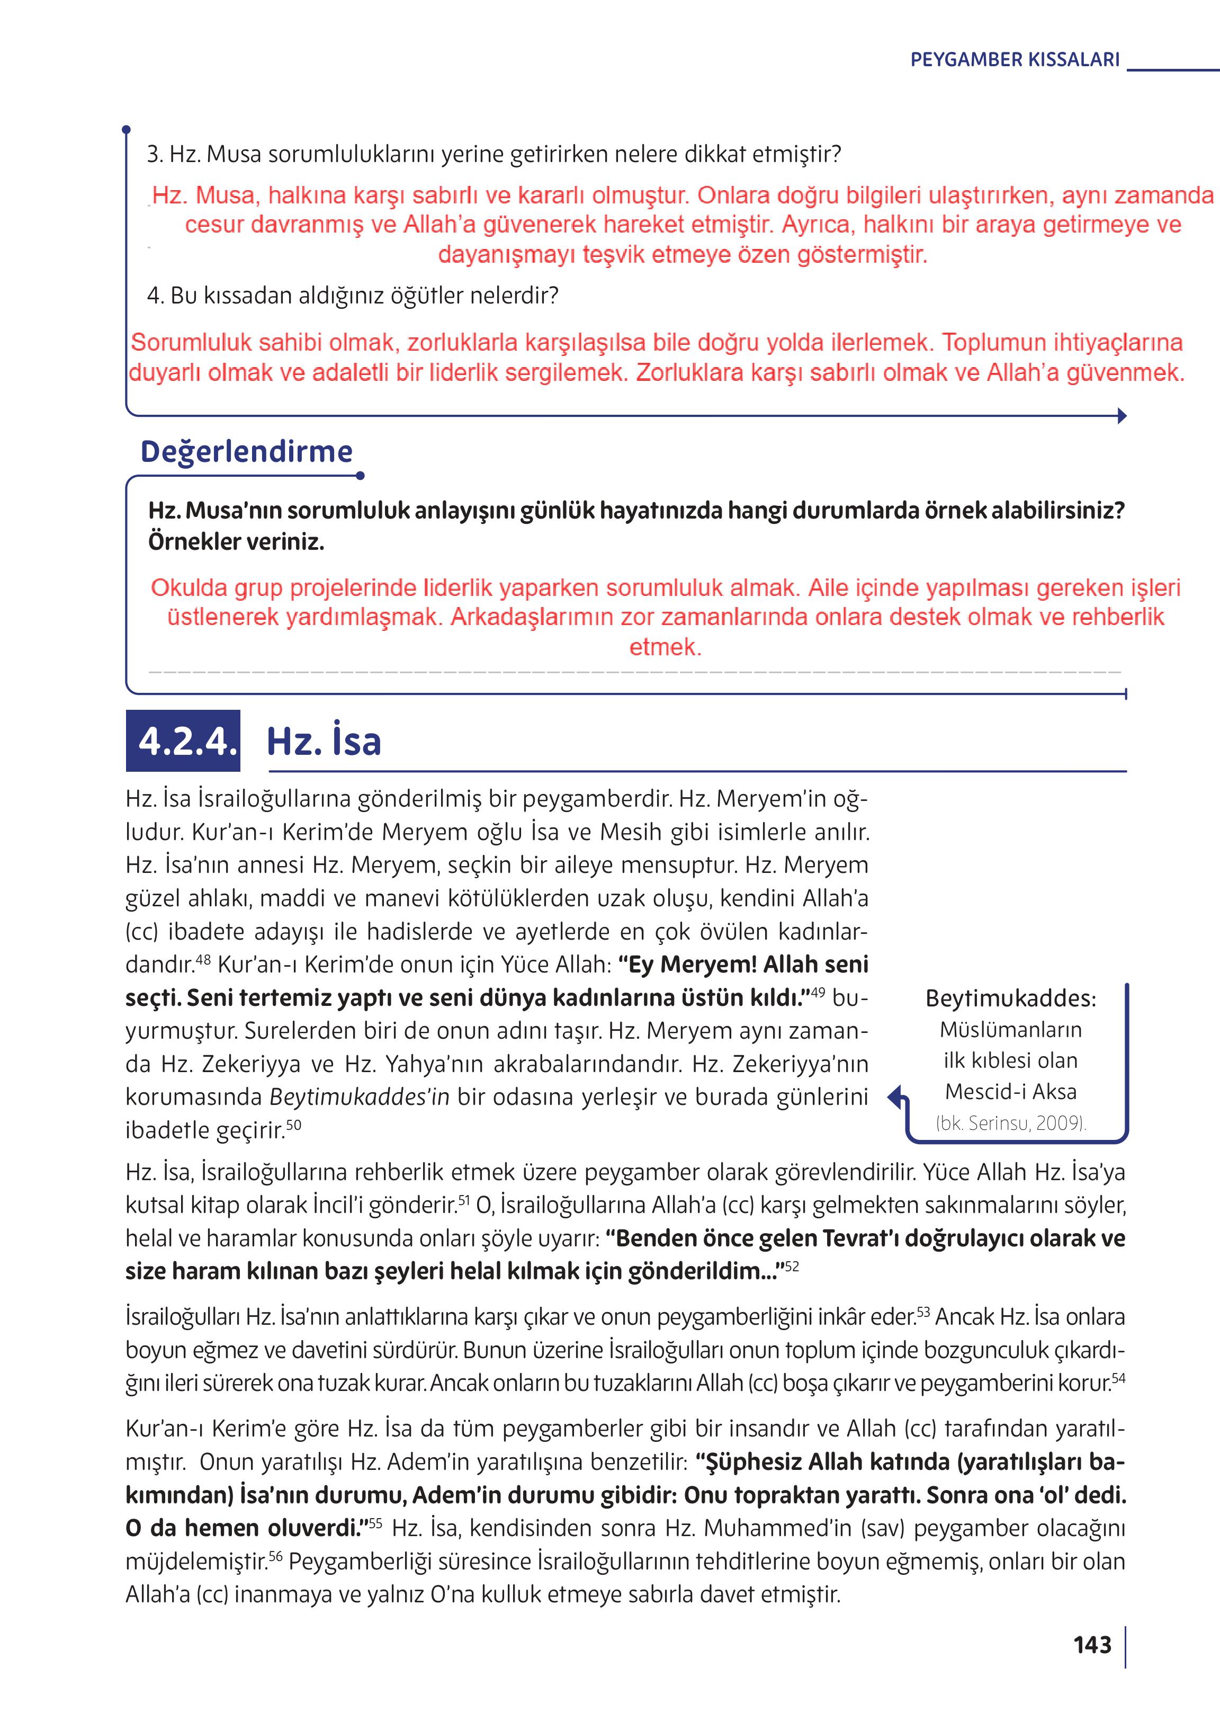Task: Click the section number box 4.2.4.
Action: [183, 741]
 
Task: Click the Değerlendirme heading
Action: [246, 452]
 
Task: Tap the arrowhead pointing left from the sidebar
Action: [894, 1098]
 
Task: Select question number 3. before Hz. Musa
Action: [155, 155]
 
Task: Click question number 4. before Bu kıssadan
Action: [155, 296]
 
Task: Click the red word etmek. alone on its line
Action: [665, 647]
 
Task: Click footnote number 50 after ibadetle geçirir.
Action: [294, 1124]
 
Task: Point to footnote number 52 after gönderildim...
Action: [792, 1267]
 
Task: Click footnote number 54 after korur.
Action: [1118, 1378]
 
